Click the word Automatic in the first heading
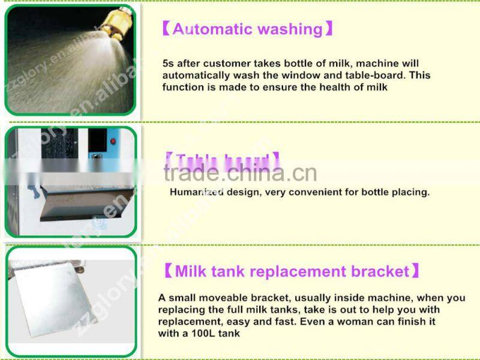coord(209,29)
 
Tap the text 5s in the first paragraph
coord(169,64)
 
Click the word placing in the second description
coord(410,193)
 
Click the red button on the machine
coord(112,142)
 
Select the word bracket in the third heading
coord(381,271)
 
